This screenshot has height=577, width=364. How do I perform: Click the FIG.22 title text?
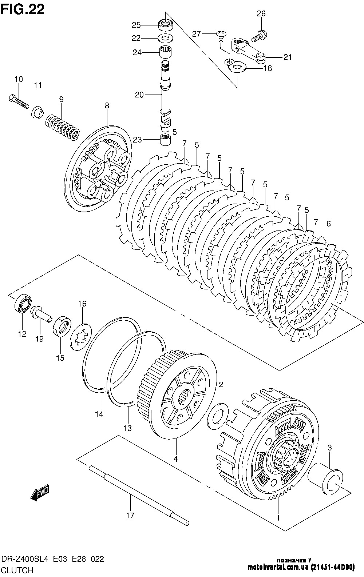point(23,9)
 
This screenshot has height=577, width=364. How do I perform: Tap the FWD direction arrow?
point(40,493)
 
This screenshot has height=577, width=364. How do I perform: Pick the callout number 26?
point(261,14)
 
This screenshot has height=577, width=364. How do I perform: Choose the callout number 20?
point(139,95)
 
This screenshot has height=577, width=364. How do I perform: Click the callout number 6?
point(328,224)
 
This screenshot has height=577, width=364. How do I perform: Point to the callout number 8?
point(107,106)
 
